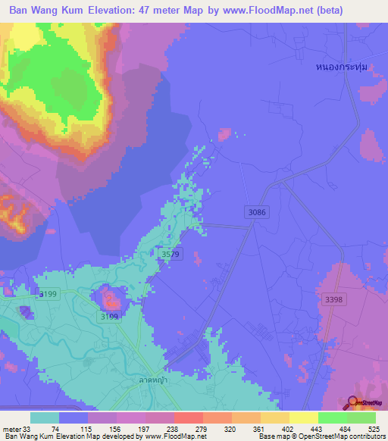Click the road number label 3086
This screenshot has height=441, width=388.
(256, 213)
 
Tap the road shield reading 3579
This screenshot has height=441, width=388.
(170, 255)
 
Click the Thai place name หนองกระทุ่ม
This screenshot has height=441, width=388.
(342, 67)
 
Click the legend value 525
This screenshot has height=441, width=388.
(374, 428)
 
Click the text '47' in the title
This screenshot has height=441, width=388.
(158, 11)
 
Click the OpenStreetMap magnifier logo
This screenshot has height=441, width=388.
(353, 403)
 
